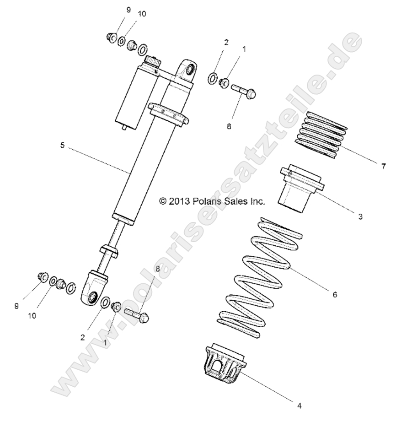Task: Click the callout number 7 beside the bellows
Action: [x=384, y=167]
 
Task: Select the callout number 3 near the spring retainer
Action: [x=360, y=216]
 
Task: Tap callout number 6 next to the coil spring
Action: [x=334, y=294]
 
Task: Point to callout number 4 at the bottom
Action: [x=299, y=405]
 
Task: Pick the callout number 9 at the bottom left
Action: [x=17, y=305]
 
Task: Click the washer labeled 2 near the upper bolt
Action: [x=213, y=79]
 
